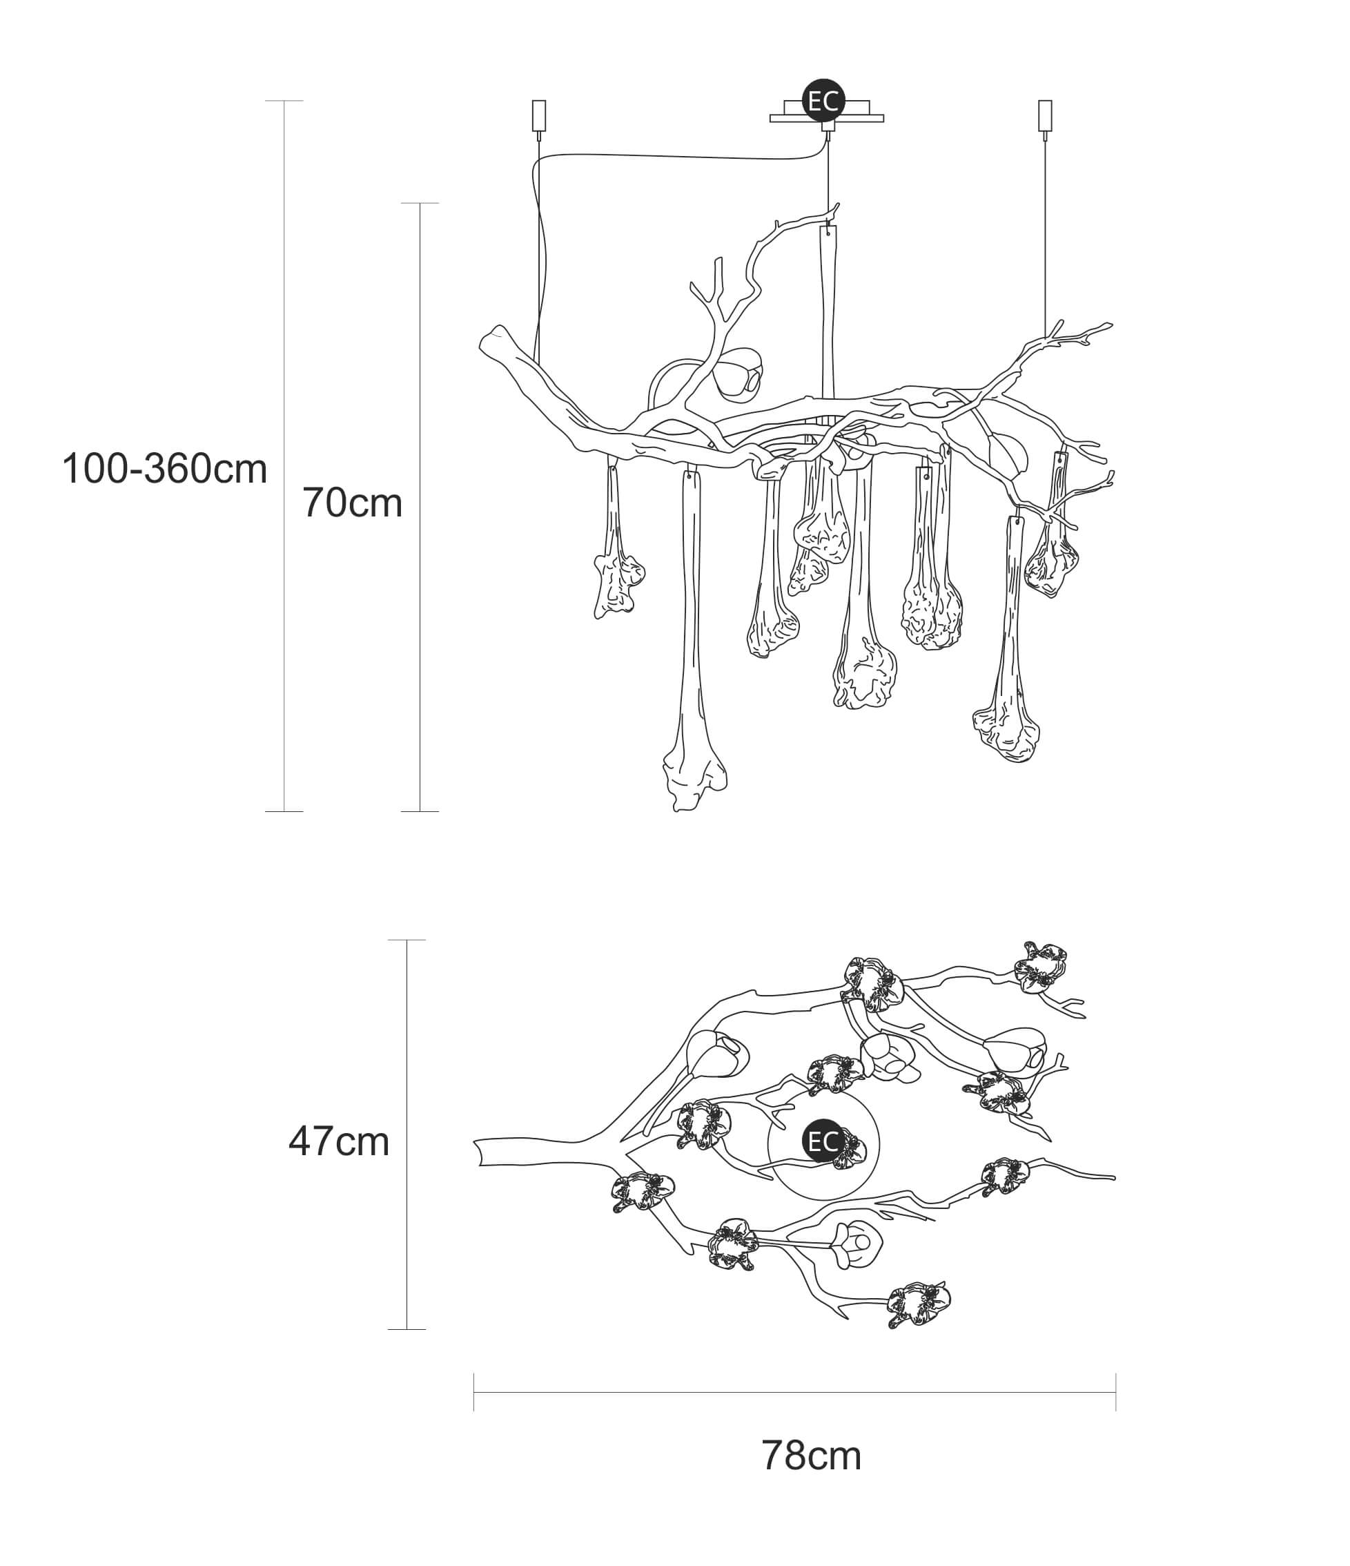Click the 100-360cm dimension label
pyautogui.click(x=165, y=469)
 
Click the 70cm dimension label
pyautogui.click(x=352, y=503)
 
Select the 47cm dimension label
pyautogui.click(x=338, y=1141)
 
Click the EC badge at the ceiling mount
pyautogui.click(x=823, y=101)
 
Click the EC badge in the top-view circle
pyautogui.click(x=823, y=1141)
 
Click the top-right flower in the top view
pyautogui.click(x=1040, y=967)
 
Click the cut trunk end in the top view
pyautogui.click(x=478, y=1151)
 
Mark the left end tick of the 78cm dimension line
pyautogui.click(x=473, y=1392)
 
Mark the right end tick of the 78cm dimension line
pyautogui.click(x=1116, y=1392)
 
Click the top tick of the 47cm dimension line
pyautogui.click(x=407, y=940)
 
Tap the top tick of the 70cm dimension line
pyautogui.click(x=419, y=203)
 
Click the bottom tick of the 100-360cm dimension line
pyautogui.click(x=284, y=812)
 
